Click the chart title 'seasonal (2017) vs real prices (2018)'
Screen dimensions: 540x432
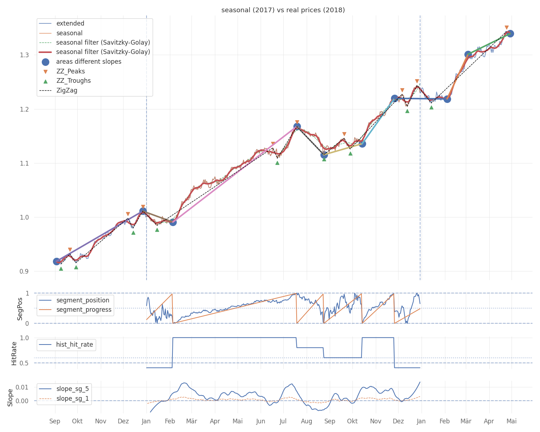283,10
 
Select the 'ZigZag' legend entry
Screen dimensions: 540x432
58,90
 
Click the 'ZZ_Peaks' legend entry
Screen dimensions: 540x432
64,71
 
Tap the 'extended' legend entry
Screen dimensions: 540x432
62,23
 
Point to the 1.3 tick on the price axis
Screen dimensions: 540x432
24,55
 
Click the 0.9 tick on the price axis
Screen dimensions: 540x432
24,271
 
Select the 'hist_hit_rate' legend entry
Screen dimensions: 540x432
66,345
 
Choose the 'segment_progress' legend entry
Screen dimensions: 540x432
75,310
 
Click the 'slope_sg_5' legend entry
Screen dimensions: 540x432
64,389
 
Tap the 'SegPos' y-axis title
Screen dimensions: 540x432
19,309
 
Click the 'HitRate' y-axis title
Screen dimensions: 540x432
14,354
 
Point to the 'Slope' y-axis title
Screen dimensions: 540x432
10,397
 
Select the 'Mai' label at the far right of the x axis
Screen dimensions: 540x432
512,421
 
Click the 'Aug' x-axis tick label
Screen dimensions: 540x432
306,422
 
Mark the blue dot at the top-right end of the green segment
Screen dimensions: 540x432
510,33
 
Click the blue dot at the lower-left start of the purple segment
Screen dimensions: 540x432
57,262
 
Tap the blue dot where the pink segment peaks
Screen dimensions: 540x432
297,126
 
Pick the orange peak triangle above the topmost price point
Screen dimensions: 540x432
507,27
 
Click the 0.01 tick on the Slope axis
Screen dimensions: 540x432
22,387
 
